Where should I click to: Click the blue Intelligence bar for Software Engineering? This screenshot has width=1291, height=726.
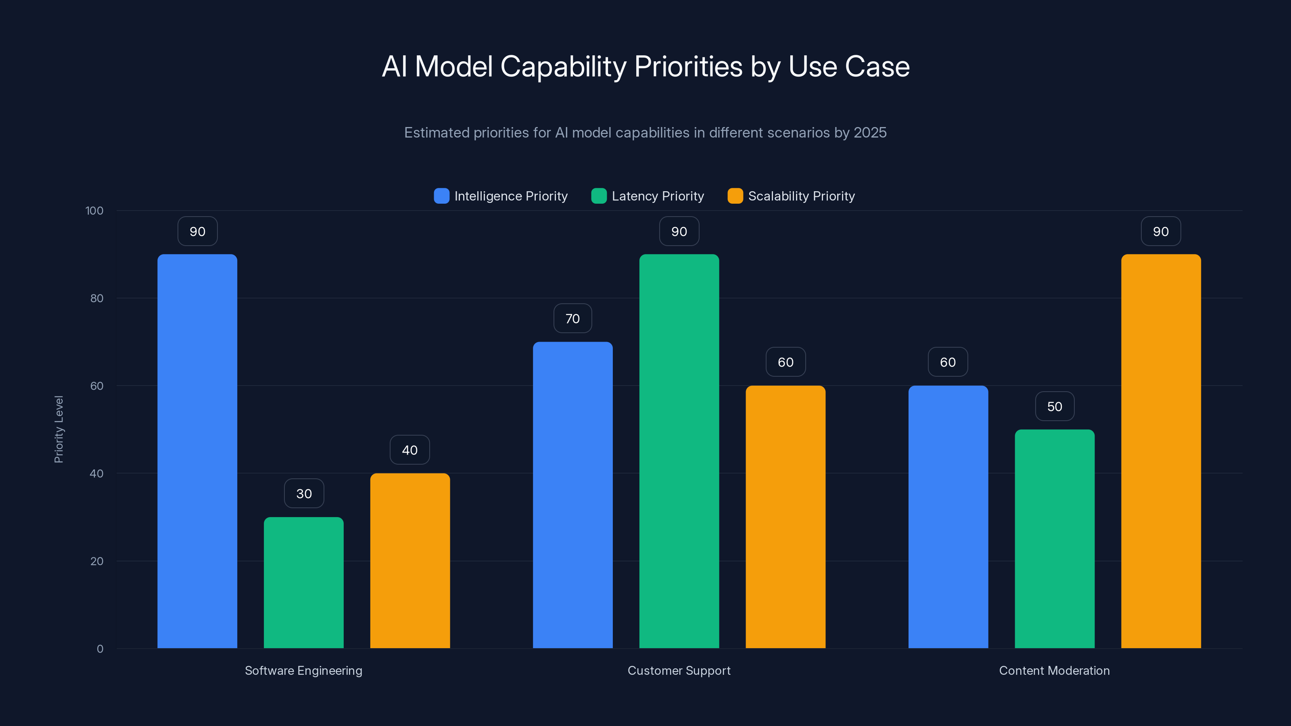197,451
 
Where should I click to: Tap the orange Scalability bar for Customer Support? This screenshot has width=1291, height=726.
785,517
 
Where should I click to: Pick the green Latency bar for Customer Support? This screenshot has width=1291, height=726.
679,451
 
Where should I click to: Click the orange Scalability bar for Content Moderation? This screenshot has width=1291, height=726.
1161,451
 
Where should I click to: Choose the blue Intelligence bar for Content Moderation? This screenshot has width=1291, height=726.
948,517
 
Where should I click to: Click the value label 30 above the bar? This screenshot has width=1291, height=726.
304,494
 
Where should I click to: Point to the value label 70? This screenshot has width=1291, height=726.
572,319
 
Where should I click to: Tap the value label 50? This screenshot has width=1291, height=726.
1055,406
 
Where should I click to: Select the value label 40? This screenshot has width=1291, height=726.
409,450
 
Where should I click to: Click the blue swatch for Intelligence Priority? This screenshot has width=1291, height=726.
441,196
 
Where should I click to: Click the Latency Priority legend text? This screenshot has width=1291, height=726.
658,196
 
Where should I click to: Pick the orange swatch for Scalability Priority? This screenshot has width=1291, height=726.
735,196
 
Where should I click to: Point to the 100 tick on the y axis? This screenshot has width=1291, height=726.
94,211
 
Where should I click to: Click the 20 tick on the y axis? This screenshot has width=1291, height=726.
97,561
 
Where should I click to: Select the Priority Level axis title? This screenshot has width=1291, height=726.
58,430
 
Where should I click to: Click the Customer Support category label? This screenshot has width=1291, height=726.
679,670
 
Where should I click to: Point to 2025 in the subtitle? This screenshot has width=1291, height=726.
870,132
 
